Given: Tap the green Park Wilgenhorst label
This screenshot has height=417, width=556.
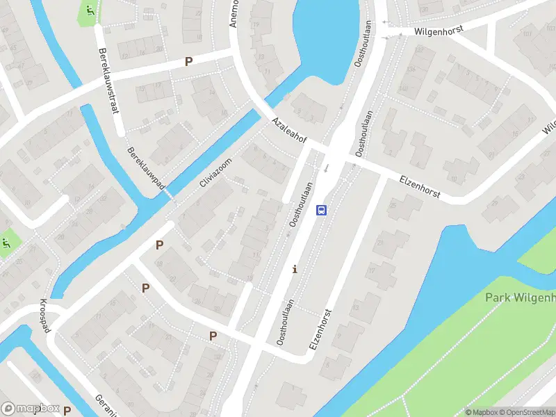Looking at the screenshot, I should pos(520,298).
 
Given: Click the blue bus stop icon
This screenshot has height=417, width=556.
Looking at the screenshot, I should pos(321,209).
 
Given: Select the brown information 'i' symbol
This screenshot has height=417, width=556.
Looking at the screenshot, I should pos(295,269).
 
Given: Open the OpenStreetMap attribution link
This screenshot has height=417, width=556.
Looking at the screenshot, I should pos(524,412).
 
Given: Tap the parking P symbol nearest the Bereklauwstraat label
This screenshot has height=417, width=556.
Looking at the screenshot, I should pos(188,62).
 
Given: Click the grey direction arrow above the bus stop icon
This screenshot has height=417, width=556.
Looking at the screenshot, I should pos(325,167).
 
